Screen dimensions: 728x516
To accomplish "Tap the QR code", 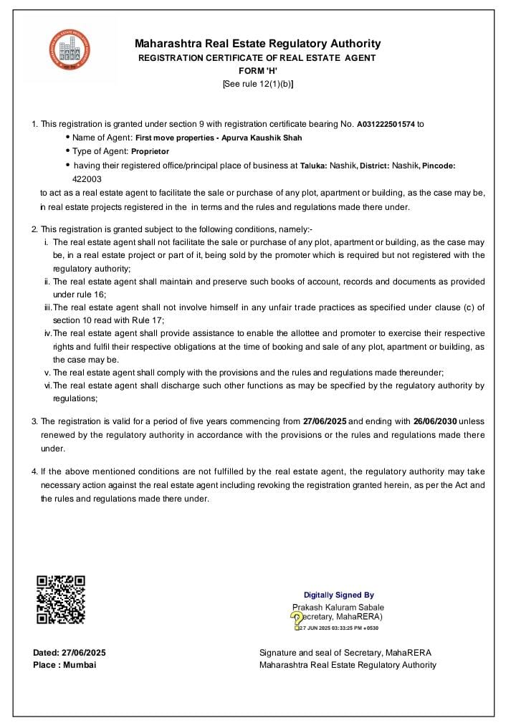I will coord(61,599).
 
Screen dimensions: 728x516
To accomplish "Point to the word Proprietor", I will coord(150,152).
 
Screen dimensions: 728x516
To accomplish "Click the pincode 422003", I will coord(87,179).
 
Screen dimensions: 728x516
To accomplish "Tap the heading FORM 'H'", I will coord(257,71).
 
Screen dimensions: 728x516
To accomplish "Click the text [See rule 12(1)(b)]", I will coord(257,84).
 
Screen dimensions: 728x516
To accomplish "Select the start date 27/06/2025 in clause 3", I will coord(325,421).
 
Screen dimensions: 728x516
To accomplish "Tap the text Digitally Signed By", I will coord(338,595).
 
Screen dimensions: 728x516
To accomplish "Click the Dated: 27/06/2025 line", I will coord(70,652).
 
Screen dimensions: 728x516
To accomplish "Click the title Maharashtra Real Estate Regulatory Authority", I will coord(257,44).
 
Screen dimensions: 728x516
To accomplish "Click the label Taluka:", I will coord(313,166).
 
